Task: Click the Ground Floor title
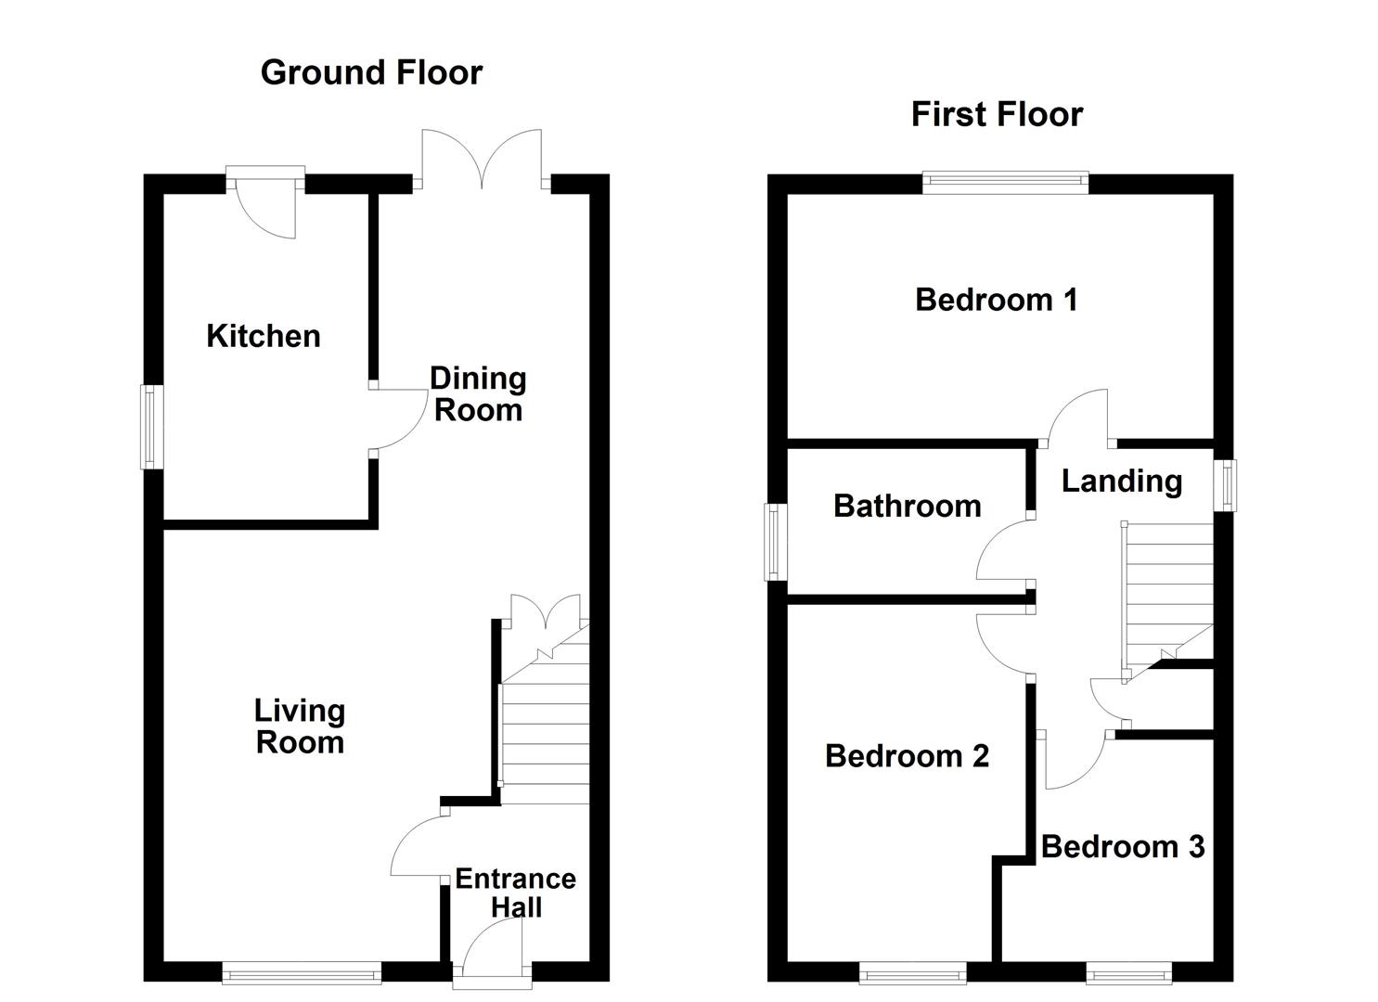tap(371, 72)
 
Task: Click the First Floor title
tap(997, 114)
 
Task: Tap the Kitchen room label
tap(264, 336)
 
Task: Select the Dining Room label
tap(478, 394)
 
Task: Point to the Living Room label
tap(300, 726)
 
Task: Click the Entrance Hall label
tap(515, 893)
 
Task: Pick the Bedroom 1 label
tap(996, 300)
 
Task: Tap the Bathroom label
tap(907, 506)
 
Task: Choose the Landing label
tap(1121, 481)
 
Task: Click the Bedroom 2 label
tap(907, 756)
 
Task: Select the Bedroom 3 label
tap(1123, 846)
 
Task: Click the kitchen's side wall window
tap(152, 427)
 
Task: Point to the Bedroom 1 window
tap(1005, 182)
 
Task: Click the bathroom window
tap(775, 542)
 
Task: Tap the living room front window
tap(302, 972)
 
